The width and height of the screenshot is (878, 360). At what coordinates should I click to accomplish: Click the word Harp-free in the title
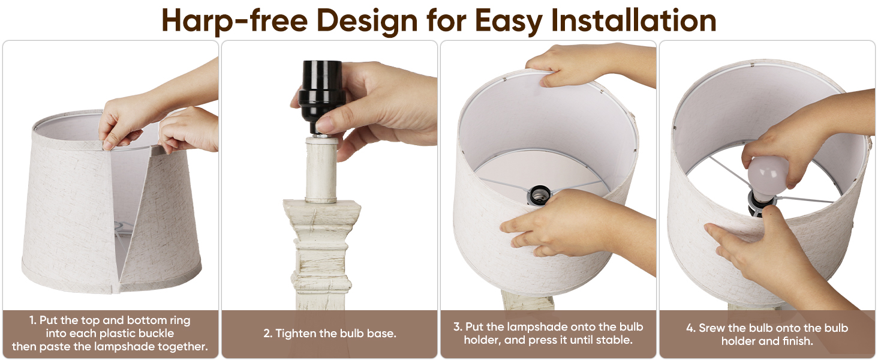(x=234, y=21)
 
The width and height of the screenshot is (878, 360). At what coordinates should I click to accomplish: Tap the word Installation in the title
(x=633, y=20)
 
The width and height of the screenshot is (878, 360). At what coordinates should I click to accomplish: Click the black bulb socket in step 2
(x=321, y=97)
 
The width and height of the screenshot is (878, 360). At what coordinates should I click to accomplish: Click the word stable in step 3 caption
(x=615, y=340)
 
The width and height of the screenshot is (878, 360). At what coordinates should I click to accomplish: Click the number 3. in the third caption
(x=458, y=327)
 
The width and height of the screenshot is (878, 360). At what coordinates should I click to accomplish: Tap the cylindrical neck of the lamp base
(x=321, y=170)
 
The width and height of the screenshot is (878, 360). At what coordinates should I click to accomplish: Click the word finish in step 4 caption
(x=798, y=341)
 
